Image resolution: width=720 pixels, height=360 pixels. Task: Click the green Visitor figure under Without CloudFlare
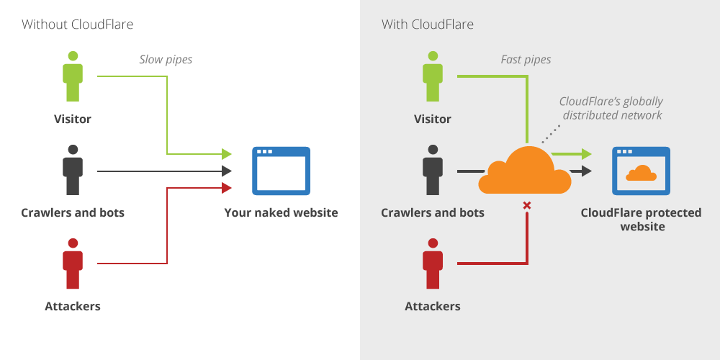(x=73, y=76)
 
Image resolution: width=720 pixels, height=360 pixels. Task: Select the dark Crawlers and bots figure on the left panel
(x=73, y=170)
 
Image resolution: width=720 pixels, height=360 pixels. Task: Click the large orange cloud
(x=525, y=171)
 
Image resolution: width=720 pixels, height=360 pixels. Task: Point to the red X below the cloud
(x=527, y=206)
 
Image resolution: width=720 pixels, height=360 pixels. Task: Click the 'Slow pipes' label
(x=166, y=60)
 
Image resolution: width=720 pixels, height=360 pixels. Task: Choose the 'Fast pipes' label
(x=526, y=60)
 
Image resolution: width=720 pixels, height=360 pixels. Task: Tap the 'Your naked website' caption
(x=281, y=213)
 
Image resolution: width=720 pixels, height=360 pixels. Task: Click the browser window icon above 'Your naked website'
(x=281, y=171)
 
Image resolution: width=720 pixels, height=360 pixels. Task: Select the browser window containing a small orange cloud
(x=641, y=171)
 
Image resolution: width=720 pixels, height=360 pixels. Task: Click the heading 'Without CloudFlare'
(x=77, y=24)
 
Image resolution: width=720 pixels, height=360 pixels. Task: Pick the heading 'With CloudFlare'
(x=428, y=24)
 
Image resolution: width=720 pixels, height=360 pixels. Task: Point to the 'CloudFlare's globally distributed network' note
(x=611, y=108)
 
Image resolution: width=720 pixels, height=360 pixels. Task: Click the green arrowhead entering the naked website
(x=226, y=153)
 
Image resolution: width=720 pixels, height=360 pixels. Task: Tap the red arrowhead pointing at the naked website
(x=226, y=188)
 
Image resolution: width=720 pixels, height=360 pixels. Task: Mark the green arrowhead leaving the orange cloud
(x=586, y=153)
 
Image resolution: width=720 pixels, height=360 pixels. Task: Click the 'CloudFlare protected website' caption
(x=641, y=220)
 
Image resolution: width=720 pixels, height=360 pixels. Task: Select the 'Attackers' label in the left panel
(x=73, y=307)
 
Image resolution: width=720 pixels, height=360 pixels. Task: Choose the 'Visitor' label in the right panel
(x=433, y=120)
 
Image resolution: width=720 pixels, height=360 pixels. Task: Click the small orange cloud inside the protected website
(x=641, y=174)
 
